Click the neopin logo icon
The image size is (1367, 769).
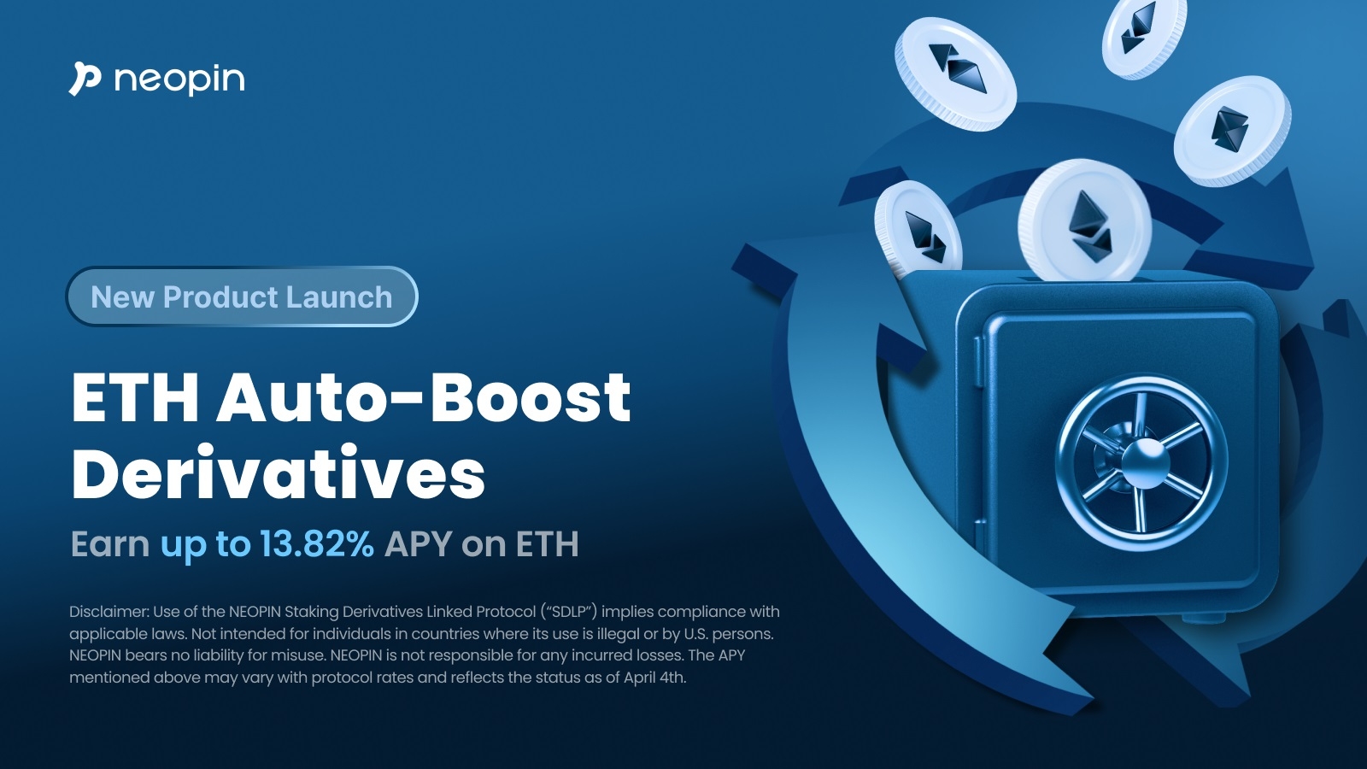(x=85, y=79)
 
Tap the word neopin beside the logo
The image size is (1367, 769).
(x=179, y=80)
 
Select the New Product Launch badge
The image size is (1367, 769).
(x=242, y=296)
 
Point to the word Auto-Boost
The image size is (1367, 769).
(x=424, y=397)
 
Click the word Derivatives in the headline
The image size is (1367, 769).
(x=279, y=473)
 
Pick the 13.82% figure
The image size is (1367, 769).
(x=317, y=543)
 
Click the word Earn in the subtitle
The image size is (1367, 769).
(x=110, y=543)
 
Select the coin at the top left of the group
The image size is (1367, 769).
(x=955, y=73)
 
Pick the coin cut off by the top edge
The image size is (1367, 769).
(x=1144, y=38)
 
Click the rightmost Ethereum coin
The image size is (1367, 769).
(x=1233, y=131)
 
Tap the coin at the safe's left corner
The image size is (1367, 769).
(x=918, y=230)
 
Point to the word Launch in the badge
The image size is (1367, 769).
(x=339, y=297)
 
